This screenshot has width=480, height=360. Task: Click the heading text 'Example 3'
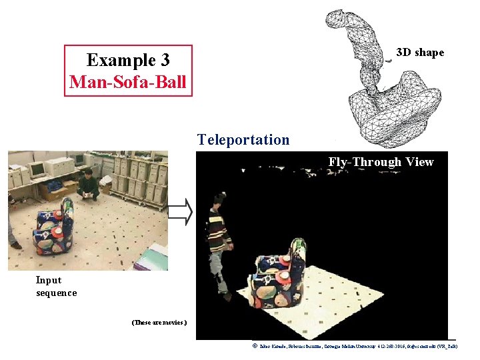pyautogui.click(x=128, y=60)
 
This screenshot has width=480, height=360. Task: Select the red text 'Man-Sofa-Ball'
pyautogui.click(x=128, y=83)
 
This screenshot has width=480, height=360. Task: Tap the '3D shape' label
pyautogui.click(x=420, y=53)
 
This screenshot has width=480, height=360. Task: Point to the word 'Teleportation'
pyautogui.click(x=243, y=140)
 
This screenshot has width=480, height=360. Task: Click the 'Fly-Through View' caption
pyautogui.click(x=381, y=162)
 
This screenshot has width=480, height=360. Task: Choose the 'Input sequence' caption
pyautogui.click(x=56, y=287)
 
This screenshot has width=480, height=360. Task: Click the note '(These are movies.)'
pyautogui.click(x=159, y=323)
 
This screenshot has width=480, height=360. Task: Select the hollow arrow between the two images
pyautogui.click(x=180, y=212)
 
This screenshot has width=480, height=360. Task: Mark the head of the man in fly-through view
pyautogui.click(x=217, y=199)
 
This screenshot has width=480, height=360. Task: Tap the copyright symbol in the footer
pyautogui.click(x=255, y=346)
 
